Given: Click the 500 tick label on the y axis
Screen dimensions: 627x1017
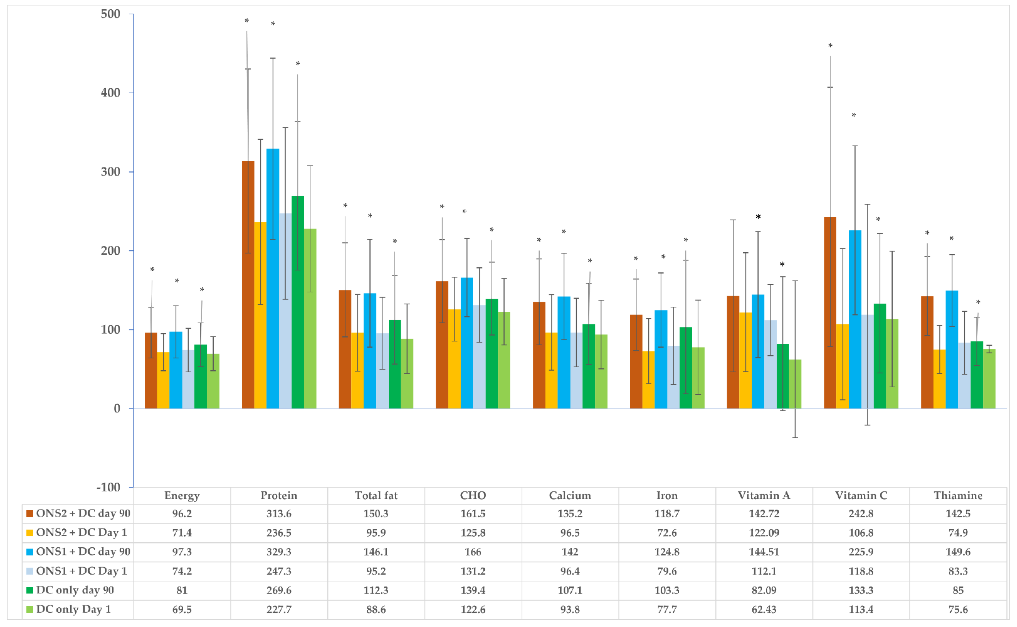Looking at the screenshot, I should coord(110,14).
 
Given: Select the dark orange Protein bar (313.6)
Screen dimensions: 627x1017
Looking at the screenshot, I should coord(248,286).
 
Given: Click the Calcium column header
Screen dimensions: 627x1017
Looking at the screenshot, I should coord(570,496).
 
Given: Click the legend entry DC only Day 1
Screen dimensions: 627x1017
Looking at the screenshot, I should coord(73,609).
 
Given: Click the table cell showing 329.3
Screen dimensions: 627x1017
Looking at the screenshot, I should coord(279,552).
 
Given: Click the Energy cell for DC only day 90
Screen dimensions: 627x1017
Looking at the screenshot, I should coord(182,590).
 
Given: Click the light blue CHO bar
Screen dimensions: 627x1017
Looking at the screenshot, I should coord(479,357).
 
